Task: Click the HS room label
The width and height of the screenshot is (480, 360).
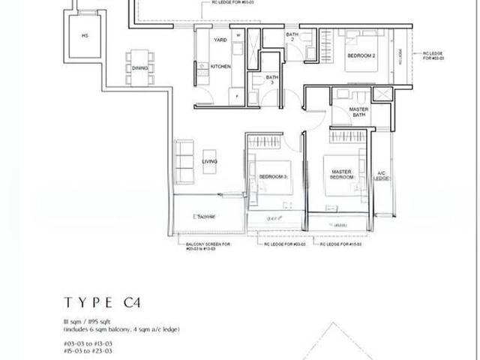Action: click(85, 35)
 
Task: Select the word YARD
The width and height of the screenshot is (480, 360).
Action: click(220, 39)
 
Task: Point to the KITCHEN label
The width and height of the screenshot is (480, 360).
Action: click(220, 67)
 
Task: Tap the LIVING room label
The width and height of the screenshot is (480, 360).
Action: click(210, 161)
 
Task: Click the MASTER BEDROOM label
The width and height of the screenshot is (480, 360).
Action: click(342, 175)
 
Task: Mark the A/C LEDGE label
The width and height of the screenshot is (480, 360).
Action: click(380, 175)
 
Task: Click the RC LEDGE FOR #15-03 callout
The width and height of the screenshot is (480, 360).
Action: click(343, 244)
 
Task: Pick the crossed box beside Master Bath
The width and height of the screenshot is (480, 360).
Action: click(382, 94)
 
